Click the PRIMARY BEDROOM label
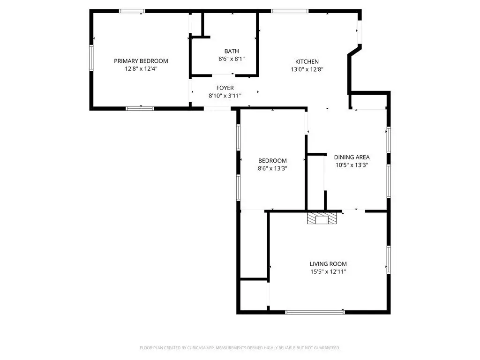pyautogui.click(x=141, y=61)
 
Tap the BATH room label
pyautogui.click(x=232, y=51)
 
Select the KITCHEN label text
pyautogui.click(x=307, y=61)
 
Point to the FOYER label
pyautogui.click(x=225, y=88)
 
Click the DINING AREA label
pyautogui.click(x=352, y=157)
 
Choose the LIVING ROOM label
pyautogui.click(x=328, y=264)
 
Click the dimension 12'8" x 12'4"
pyautogui.click(x=141, y=68)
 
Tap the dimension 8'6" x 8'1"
pyautogui.click(x=232, y=59)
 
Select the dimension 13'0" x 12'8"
pyautogui.click(x=307, y=69)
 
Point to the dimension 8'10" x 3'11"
pyautogui.click(x=225, y=96)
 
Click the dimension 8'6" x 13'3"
pyautogui.click(x=272, y=168)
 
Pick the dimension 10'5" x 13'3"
pyautogui.click(x=352, y=165)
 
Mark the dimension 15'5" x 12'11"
pyautogui.click(x=328, y=271)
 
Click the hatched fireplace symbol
pyautogui.click(x=322, y=218)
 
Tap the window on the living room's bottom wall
pyautogui.click(x=315, y=312)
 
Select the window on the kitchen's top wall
pyautogui.click(x=290, y=11)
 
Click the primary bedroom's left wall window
pyautogui.click(x=91, y=58)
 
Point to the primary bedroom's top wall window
pyautogui.click(x=132, y=11)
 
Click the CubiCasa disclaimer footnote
pyautogui.click(x=240, y=348)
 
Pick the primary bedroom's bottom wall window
pyautogui.click(x=140, y=108)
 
